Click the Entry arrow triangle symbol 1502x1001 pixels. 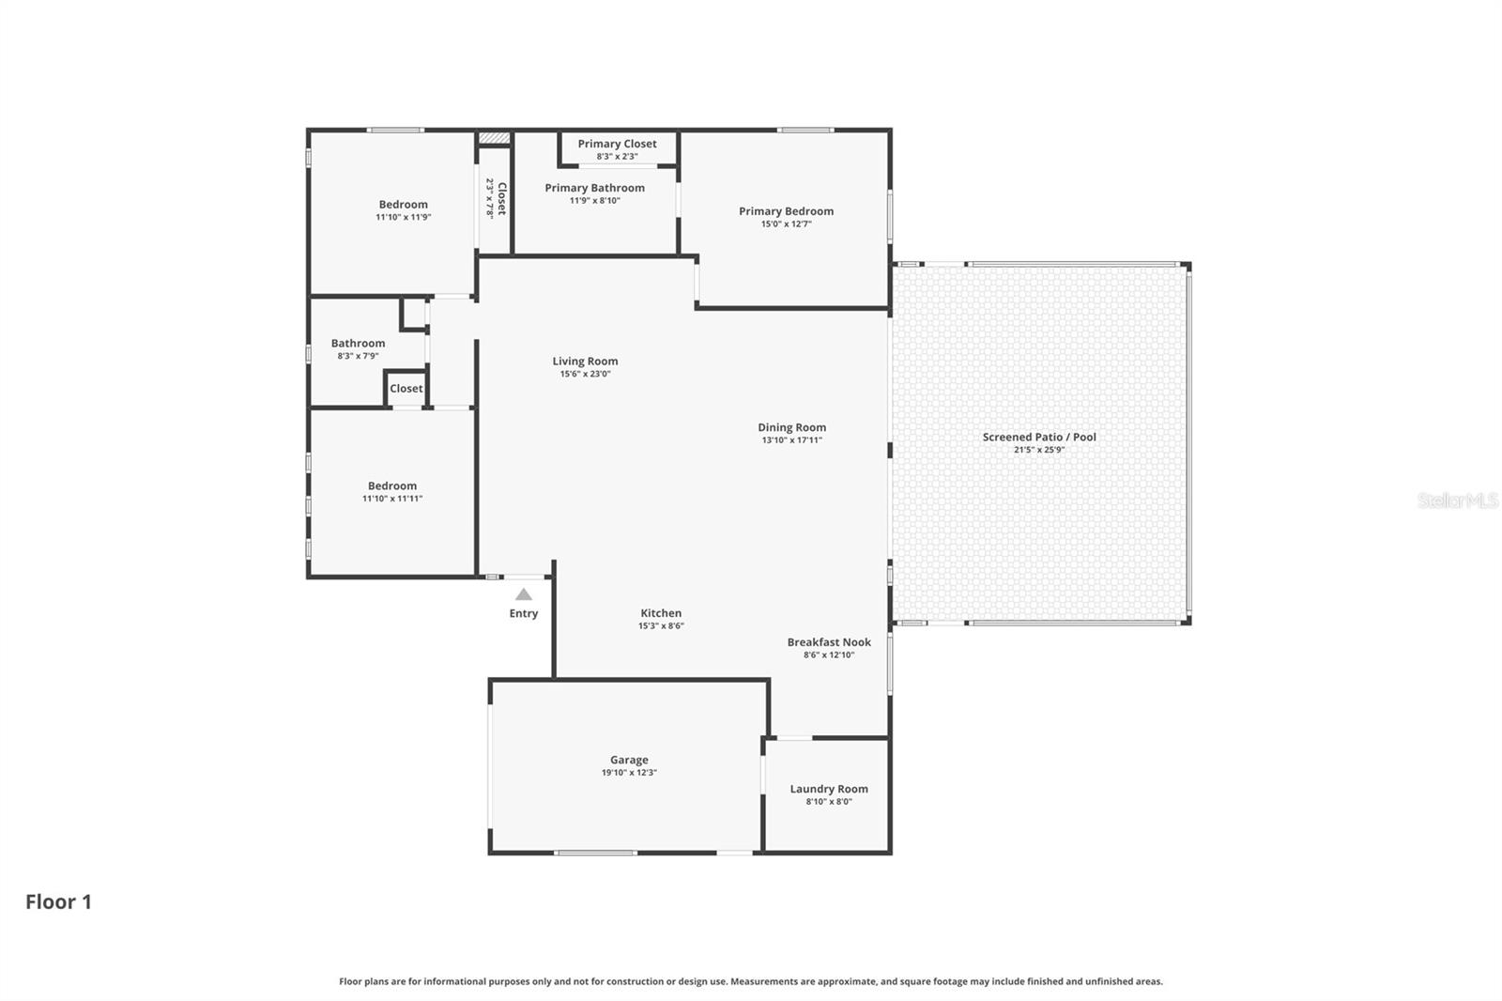[x=524, y=594]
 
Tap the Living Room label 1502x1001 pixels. [x=585, y=361]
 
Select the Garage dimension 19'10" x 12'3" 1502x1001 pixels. [x=629, y=773]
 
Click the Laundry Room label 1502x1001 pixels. [x=829, y=789]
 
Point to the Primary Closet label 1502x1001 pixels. [x=617, y=144]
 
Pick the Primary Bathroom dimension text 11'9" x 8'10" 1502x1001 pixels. [x=594, y=201]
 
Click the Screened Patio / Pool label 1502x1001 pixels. [x=1039, y=437]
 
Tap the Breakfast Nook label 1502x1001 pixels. [x=829, y=642]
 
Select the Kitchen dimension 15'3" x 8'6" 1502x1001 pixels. [x=661, y=626]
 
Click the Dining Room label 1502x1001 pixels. [x=791, y=427]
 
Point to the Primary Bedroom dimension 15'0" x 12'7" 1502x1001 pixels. [x=786, y=224]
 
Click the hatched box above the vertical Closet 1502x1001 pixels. [x=494, y=138]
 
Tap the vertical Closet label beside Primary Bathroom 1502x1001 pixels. [x=501, y=198]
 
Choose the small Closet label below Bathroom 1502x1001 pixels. [x=406, y=389]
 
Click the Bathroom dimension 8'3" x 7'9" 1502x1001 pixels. [x=358, y=356]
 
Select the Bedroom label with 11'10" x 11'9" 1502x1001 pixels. [x=404, y=204]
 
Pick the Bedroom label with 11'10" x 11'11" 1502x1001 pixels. [x=392, y=485]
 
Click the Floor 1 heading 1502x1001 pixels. [x=58, y=901]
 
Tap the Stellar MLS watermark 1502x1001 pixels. [x=1457, y=501]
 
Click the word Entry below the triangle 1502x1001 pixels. [x=524, y=613]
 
